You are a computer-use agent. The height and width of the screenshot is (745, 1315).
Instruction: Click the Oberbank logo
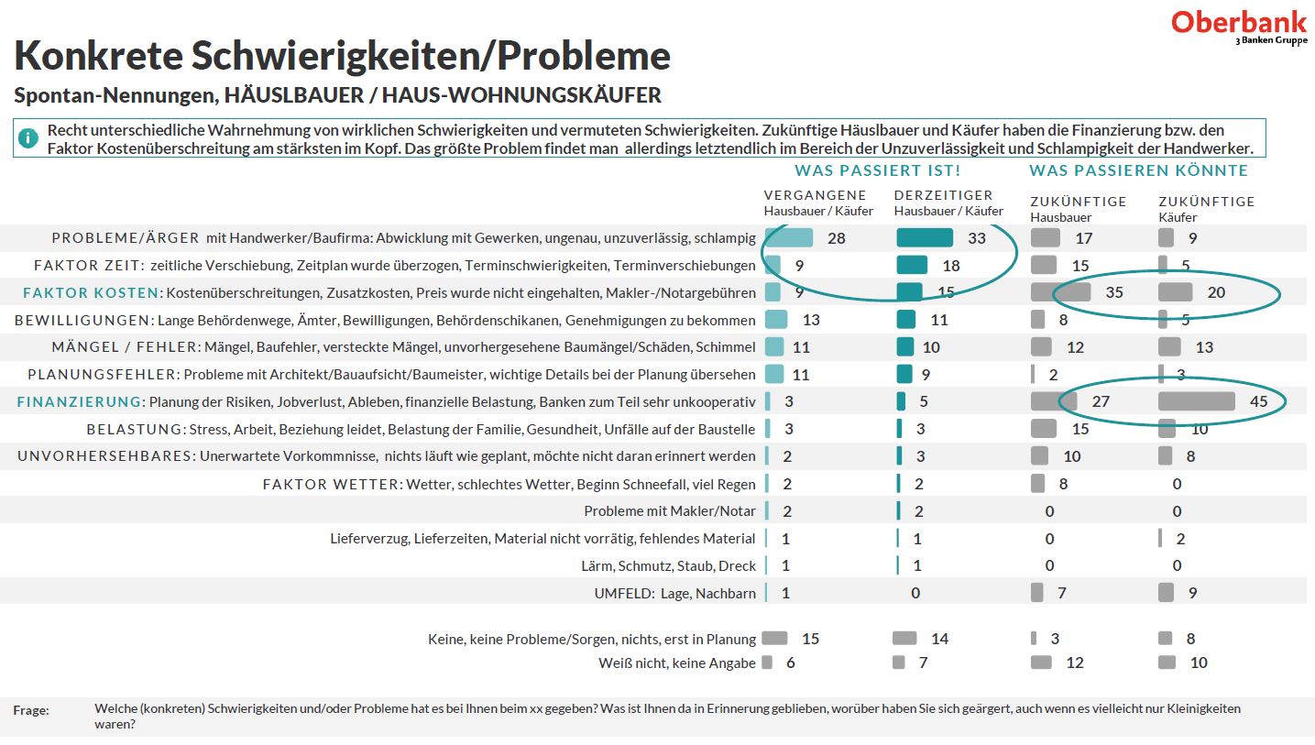point(1241,26)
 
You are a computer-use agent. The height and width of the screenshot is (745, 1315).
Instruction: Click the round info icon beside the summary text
point(28,138)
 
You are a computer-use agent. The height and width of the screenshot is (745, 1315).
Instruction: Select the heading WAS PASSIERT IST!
point(877,170)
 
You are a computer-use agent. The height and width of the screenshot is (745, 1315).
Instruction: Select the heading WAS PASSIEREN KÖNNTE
point(1138,170)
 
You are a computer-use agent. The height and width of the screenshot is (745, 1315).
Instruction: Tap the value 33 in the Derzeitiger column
point(977,238)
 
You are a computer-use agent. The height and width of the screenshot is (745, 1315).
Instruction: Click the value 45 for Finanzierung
point(1258,401)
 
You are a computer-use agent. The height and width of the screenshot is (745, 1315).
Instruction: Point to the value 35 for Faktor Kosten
point(1114,293)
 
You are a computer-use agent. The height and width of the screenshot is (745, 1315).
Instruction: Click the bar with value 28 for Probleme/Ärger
point(789,238)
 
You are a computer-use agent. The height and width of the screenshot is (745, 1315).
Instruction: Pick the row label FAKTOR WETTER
point(330,484)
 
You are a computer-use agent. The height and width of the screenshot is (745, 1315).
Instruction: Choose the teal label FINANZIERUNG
point(80,401)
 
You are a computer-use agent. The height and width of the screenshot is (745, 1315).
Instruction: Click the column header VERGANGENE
point(815,195)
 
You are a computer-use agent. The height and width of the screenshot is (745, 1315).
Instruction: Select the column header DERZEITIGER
point(943,195)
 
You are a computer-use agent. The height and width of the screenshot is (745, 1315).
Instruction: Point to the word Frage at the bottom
point(31,710)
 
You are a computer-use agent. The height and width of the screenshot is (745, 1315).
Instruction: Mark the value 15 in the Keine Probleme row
point(810,639)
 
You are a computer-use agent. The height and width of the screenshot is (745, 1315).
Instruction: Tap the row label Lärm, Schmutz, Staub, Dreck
point(668,566)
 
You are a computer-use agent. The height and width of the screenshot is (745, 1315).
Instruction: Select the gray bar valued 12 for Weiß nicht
point(1041,663)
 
